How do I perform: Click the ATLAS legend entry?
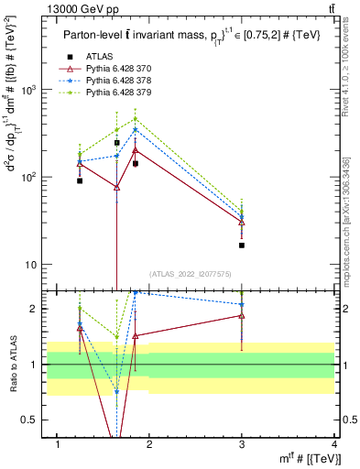pos(97,56)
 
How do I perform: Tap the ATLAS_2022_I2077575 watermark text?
pos(191,274)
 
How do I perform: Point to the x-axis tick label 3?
pos(242,444)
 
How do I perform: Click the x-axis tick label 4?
pos(334,444)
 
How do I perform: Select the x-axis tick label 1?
pos(58,444)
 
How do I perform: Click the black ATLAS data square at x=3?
pos(242,245)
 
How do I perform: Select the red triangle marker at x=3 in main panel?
pos(242,223)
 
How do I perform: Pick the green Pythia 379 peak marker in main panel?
pos(135,119)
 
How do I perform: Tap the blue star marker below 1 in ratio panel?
pos(116,391)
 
